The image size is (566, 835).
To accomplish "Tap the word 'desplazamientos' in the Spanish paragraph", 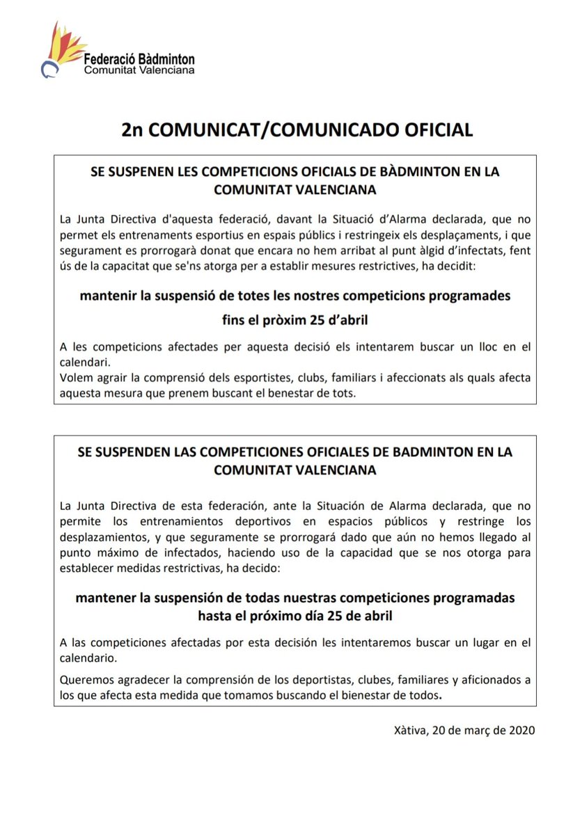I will (100, 537).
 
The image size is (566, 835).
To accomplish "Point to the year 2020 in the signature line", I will (521, 731).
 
